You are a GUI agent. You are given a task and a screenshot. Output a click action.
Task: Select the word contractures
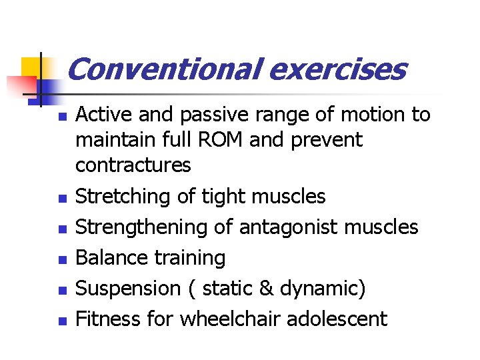coord(133,165)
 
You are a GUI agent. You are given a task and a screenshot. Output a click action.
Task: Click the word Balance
coord(111,257)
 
